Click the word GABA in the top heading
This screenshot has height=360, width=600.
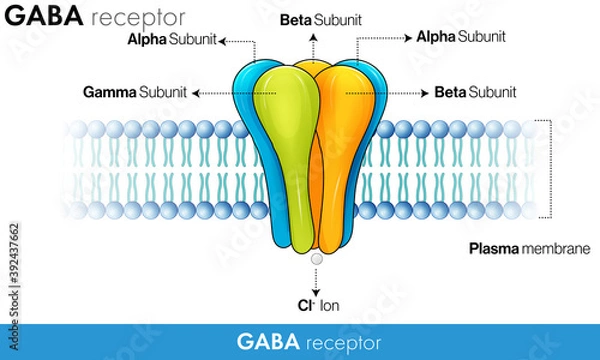[x=44, y=17]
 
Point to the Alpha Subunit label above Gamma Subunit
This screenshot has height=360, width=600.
[x=171, y=40]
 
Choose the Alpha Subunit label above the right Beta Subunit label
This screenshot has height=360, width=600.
[x=460, y=37]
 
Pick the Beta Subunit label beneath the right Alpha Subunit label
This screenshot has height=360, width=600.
[x=475, y=92]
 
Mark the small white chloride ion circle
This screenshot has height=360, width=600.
[x=316, y=258]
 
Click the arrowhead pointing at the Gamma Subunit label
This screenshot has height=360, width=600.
[x=195, y=92]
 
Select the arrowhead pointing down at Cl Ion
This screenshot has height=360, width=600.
[x=316, y=290]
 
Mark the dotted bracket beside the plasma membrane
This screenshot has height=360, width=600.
[x=550, y=170]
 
